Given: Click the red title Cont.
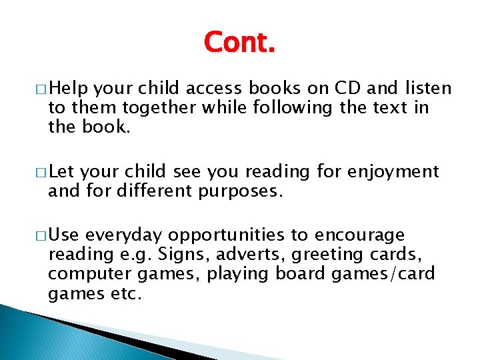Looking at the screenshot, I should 239,42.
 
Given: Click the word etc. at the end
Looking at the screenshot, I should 125,293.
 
